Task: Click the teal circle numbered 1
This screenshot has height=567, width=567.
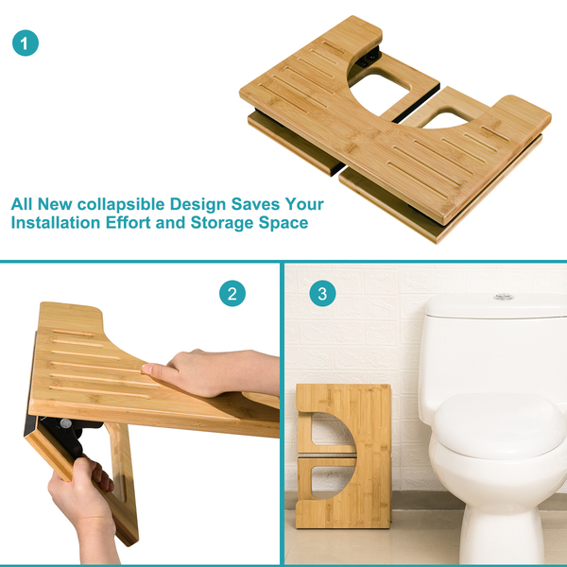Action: pyautogui.click(x=26, y=43)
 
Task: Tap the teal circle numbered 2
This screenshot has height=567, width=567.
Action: pyautogui.click(x=232, y=293)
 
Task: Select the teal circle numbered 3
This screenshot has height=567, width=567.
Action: pyautogui.click(x=322, y=293)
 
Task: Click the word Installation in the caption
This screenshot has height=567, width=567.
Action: pyautogui.click(x=56, y=222)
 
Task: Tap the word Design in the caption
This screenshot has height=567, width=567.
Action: pyautogui.click(x=198, y=205)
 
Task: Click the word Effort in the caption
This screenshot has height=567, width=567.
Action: pyautogui.click(x=128, y=222)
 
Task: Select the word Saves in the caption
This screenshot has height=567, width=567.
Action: pyautogui.click(x=255, y=204)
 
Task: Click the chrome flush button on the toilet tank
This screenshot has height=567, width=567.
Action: pyautogui.click(x=504, y=297)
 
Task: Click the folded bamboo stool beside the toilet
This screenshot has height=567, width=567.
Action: pyautogui.click(x=344, y=456)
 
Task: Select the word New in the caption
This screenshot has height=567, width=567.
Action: pyautogui.click(x=55, y=204)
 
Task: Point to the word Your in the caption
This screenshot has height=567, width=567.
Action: pyautogui.click(x=304, y=204)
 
